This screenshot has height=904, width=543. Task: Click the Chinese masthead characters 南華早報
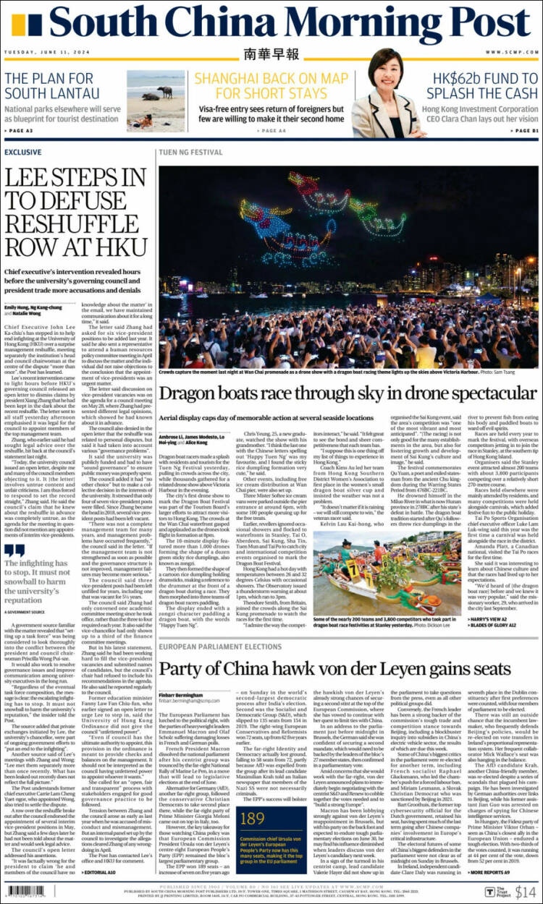coord(271,54)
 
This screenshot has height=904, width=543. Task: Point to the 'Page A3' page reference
coord(18,130)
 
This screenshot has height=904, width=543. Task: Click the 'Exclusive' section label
coord(22,153)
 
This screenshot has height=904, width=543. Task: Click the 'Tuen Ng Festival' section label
coord(190,153)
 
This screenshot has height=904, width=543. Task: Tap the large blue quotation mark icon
coord(14,552)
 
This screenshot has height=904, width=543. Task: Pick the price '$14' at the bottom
coord(525,892)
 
